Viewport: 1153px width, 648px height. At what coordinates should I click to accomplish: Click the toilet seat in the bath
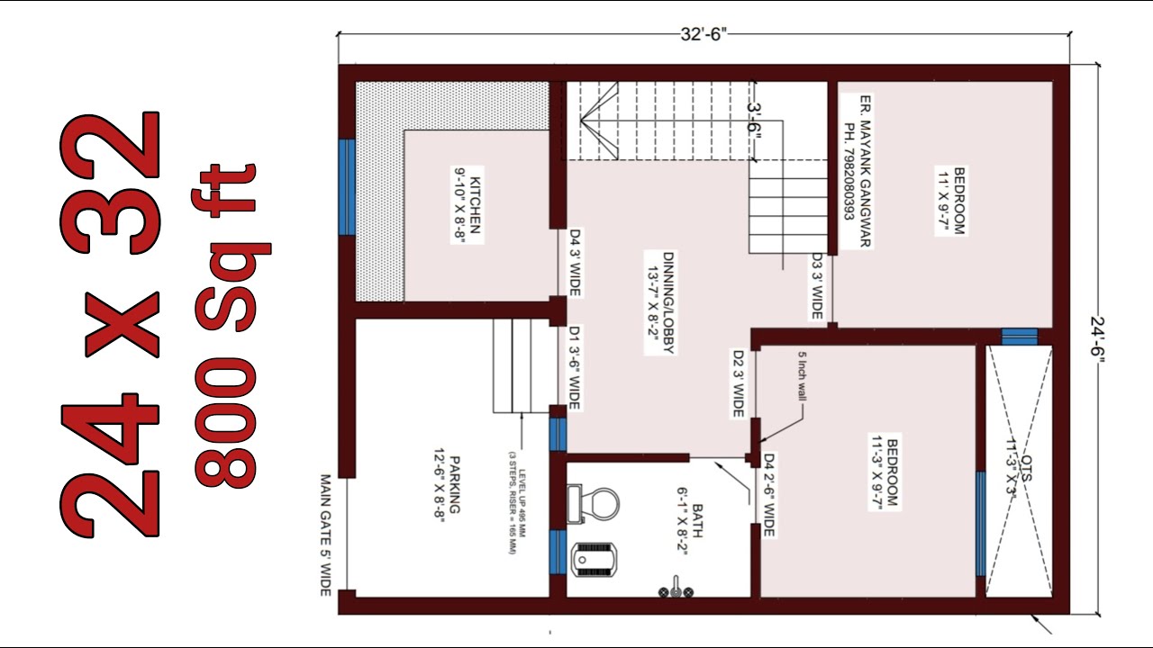(594, 504)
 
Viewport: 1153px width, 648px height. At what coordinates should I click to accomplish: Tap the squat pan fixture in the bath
(595, 559)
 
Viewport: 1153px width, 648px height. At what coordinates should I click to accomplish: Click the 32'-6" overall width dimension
(703, 35)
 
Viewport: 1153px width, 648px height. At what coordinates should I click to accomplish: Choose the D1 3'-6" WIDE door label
(574, 368)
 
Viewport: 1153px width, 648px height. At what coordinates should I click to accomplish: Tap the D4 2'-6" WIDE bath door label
(769, 496)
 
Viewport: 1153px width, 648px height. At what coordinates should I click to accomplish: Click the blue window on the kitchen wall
(346, 187)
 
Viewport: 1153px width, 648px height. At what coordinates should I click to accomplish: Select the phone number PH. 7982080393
(849, 172)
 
